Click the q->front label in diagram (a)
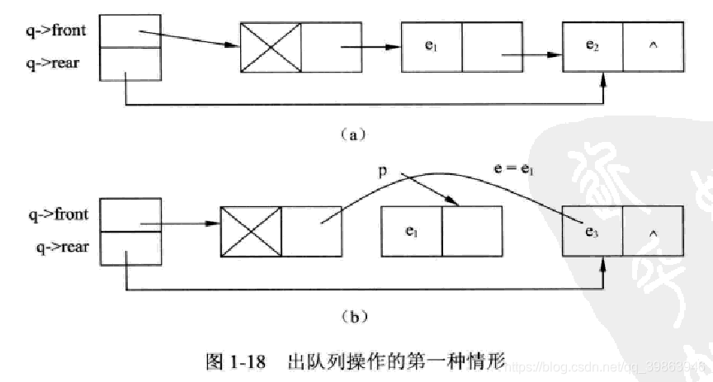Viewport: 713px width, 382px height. [54, 33]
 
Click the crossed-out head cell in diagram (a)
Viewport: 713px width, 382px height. [271, 45]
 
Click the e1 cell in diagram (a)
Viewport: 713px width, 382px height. [431, 45]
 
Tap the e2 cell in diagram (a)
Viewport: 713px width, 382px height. [593, 45]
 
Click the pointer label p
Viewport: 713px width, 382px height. [382, 172]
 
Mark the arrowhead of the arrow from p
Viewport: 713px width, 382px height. [452, 203]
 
